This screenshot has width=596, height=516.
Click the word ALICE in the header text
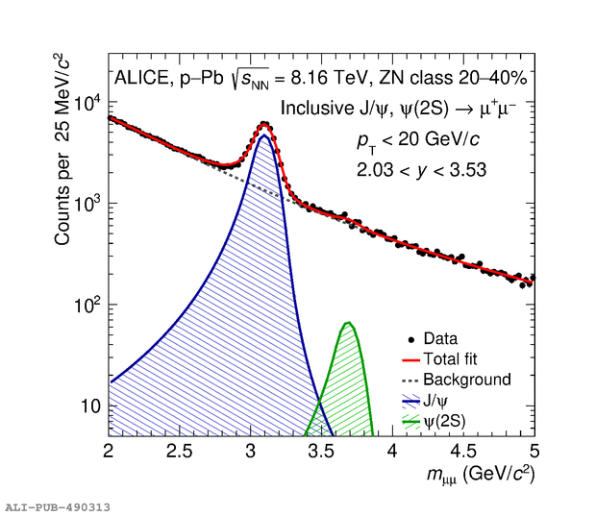pos(140,79)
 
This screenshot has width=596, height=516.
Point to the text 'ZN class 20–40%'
pos(461,79)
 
